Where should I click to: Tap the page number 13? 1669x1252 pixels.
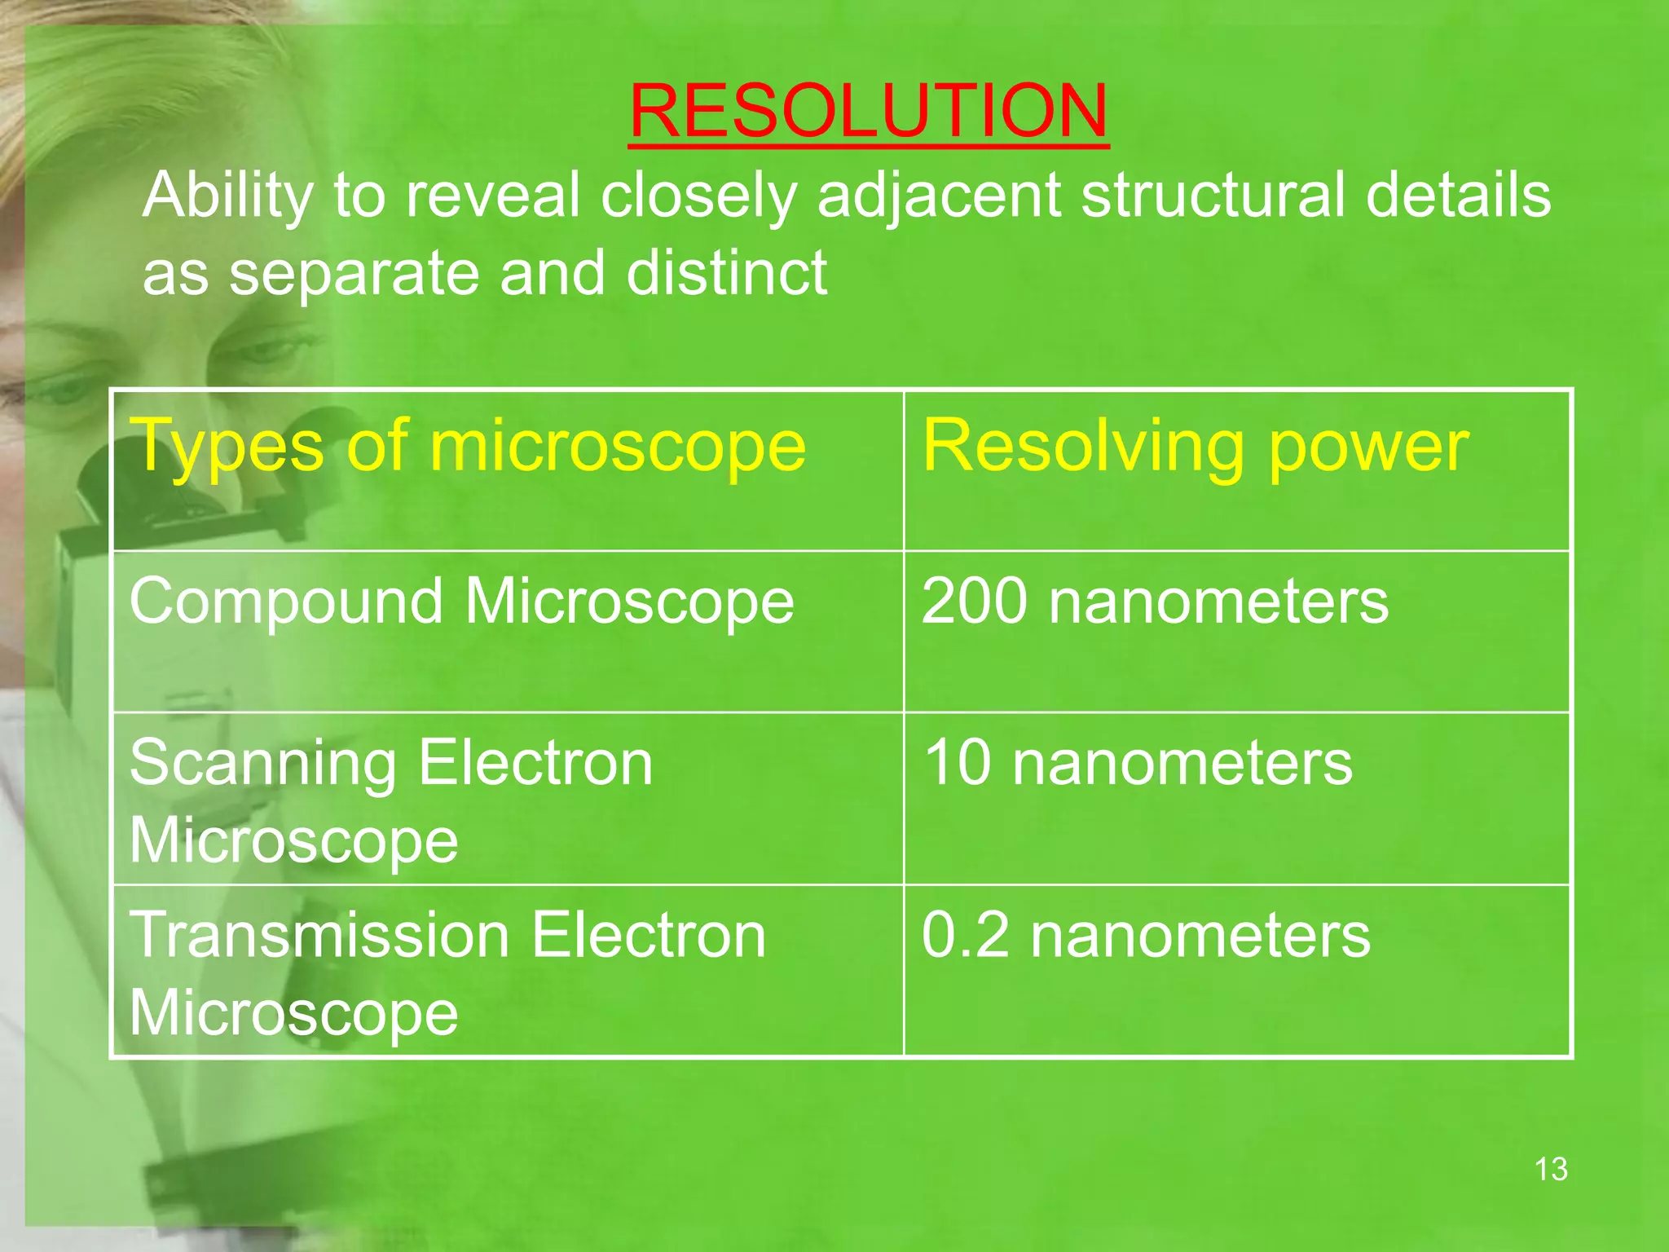[x=1550, y=1169]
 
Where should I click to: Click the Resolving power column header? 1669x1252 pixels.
[x=1195, y=446]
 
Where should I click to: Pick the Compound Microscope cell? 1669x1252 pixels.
[x=461, y=602]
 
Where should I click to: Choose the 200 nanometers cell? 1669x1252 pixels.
[x=1154, y=602]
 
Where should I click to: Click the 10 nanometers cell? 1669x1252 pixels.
[x=1138, y=763]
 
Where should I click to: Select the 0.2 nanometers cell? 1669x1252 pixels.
[x=1146, y=935]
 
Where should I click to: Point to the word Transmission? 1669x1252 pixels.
[x=319, y=935]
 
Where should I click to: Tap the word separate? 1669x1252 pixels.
[x=354, y=274]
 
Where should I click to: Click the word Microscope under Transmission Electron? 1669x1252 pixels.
[x=293, y=1012]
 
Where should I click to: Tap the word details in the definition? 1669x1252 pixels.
[x=1458, y=196]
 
